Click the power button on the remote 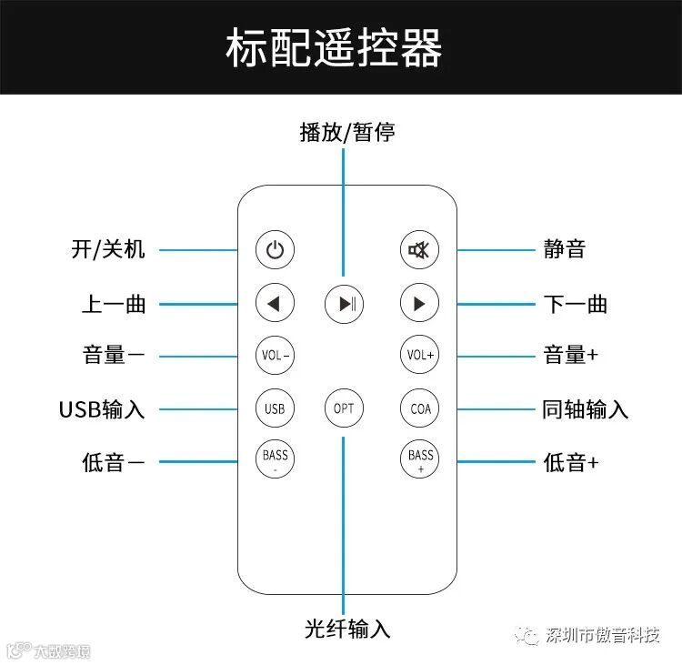275,250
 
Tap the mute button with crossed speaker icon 419,250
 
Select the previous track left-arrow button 275,303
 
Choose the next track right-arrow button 419,303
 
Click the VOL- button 275,355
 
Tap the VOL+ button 419,355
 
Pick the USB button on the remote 275,408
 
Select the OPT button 344,408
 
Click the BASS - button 275,460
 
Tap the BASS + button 419,460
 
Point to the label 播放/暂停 347,133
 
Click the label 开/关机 108,249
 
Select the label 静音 564,249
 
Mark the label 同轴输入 585,409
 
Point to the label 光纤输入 347,629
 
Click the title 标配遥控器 334,48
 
